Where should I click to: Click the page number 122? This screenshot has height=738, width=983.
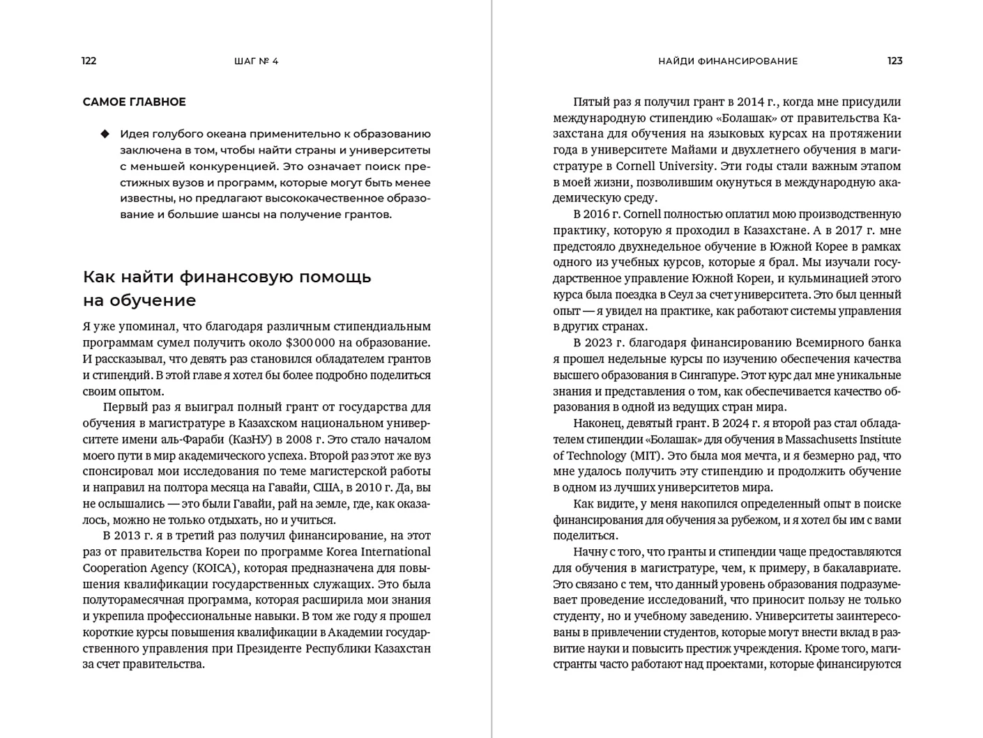click(89, 61)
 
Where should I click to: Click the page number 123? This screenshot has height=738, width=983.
click(894, 61)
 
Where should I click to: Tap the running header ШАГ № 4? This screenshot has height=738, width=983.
click(257, 61)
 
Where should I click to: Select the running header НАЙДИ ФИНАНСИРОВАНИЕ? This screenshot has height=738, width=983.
click(728, 61)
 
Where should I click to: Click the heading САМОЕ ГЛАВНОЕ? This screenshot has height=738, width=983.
click(134, 102)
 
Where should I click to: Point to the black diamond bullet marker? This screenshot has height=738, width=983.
click(105, 134)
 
